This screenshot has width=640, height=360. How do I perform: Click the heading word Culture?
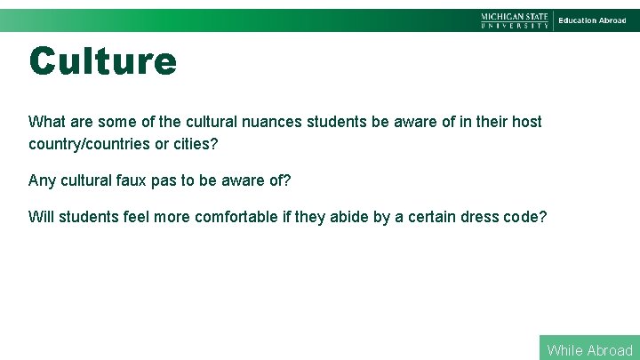(102, 61)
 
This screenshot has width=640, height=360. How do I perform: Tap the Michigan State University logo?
(515, 20)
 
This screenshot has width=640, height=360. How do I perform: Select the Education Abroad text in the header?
(592, 20)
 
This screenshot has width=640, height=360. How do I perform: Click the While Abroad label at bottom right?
(589, 350)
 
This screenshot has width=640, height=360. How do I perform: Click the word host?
(524, 121)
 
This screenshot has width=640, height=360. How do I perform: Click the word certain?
(432, 217)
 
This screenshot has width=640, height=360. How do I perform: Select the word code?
(527, 217)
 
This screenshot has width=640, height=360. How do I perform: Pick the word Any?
(42, 180)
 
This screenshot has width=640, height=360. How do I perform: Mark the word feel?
(137, 217)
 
